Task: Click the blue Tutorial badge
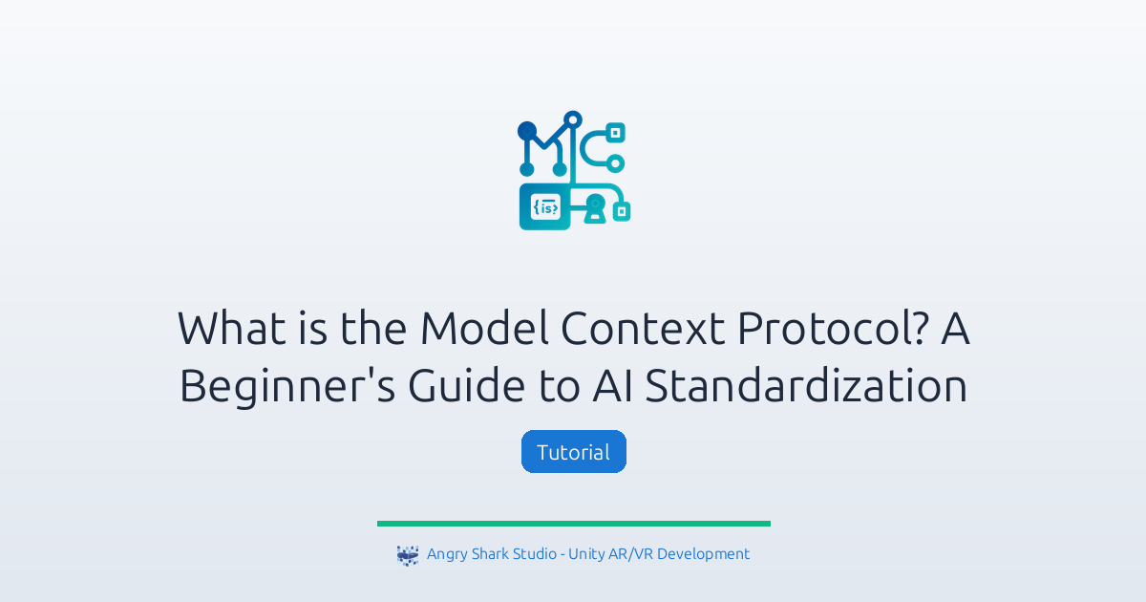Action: (x=573, y=452)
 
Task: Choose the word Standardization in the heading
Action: (x=806, y=387)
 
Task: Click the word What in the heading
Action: (x=227, y=329)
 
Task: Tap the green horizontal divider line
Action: (x=573, y=524)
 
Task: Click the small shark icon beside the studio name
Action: (x=408, y=555)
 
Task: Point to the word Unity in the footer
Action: (x=587, y=554)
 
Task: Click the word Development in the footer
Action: (x=703, y=554)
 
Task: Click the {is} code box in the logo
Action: (x=544, y=207)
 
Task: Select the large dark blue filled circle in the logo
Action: (x=527, y=129)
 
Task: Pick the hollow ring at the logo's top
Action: (x=573, y=120)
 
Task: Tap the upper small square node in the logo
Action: (x=616, y=132)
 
